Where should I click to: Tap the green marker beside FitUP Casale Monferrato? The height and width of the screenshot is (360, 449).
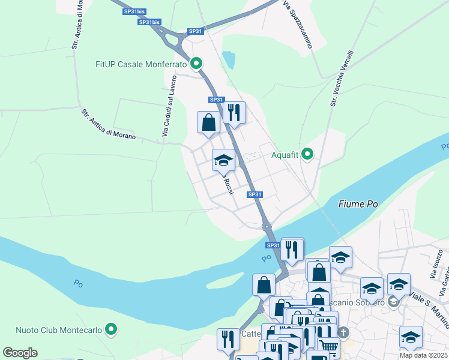point(196,63)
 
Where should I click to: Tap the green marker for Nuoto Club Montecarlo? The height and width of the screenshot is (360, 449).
point(110,329)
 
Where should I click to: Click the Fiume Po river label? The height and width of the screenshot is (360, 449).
point(358,204)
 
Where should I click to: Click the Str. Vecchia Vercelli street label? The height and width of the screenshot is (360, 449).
point(342,79)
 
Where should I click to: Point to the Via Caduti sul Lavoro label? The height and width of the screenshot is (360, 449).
point(169,106)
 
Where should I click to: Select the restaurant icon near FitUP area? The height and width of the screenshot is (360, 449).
point(234,112)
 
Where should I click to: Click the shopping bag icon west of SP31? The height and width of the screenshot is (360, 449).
point(208,122)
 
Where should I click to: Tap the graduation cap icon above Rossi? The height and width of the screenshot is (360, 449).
point(223,160)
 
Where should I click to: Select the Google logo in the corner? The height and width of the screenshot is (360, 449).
point(20,353)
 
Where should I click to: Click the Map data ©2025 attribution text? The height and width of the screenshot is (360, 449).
point(424,355)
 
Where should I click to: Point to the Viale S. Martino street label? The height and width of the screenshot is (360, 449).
point(429,306)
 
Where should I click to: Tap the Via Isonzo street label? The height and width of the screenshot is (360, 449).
point(436,265)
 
